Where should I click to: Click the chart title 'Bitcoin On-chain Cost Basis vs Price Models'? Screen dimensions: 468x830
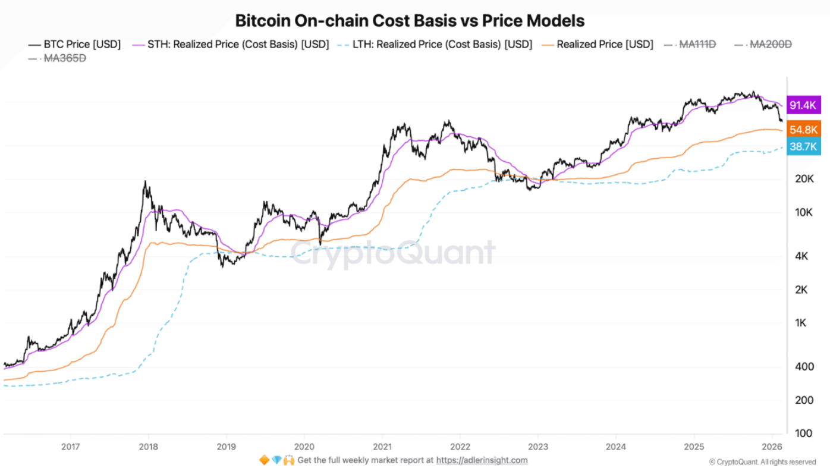point(410,21)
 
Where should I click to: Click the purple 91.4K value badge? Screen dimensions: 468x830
point(803,105)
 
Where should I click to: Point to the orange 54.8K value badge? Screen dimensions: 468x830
point(803,130)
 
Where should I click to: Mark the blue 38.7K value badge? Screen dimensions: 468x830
point(803,146)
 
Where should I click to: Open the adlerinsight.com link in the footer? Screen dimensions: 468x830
point(482,460)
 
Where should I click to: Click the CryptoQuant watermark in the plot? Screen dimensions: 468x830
point(393,253)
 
